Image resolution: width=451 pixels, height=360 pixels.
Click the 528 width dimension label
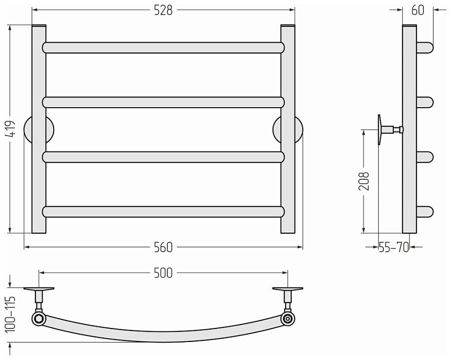click(163, 11)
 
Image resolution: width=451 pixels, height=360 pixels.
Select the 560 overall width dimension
click(163, 247)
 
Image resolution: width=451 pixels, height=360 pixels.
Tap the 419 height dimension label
click(11, 129)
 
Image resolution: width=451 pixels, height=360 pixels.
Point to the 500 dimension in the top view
click(163, 273)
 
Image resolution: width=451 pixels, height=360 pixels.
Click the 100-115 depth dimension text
click(11, 314)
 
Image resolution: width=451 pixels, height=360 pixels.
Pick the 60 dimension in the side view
click(417, 11)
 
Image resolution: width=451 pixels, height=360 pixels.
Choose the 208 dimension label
click(364, 181)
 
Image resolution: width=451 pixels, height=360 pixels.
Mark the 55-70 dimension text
click(393, 247)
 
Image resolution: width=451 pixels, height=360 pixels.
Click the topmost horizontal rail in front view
click(163, 48)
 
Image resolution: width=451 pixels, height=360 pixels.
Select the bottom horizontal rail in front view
click(163, 212)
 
